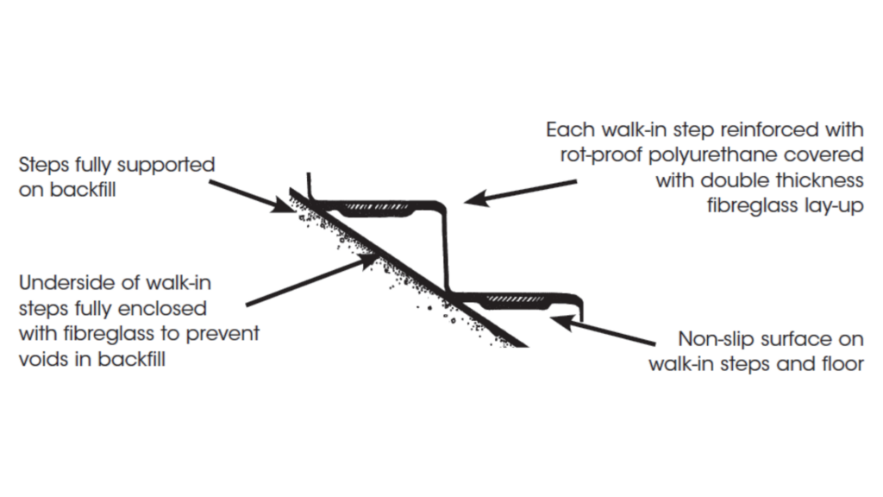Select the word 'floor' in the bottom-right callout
pos(842,363)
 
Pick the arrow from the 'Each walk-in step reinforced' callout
pos(517,192)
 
